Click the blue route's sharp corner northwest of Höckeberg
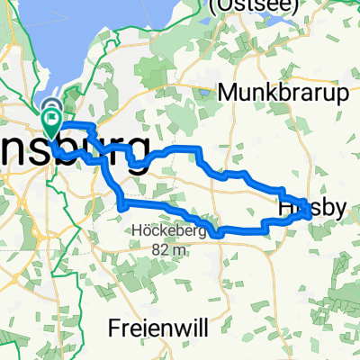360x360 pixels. pos(120,207)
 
